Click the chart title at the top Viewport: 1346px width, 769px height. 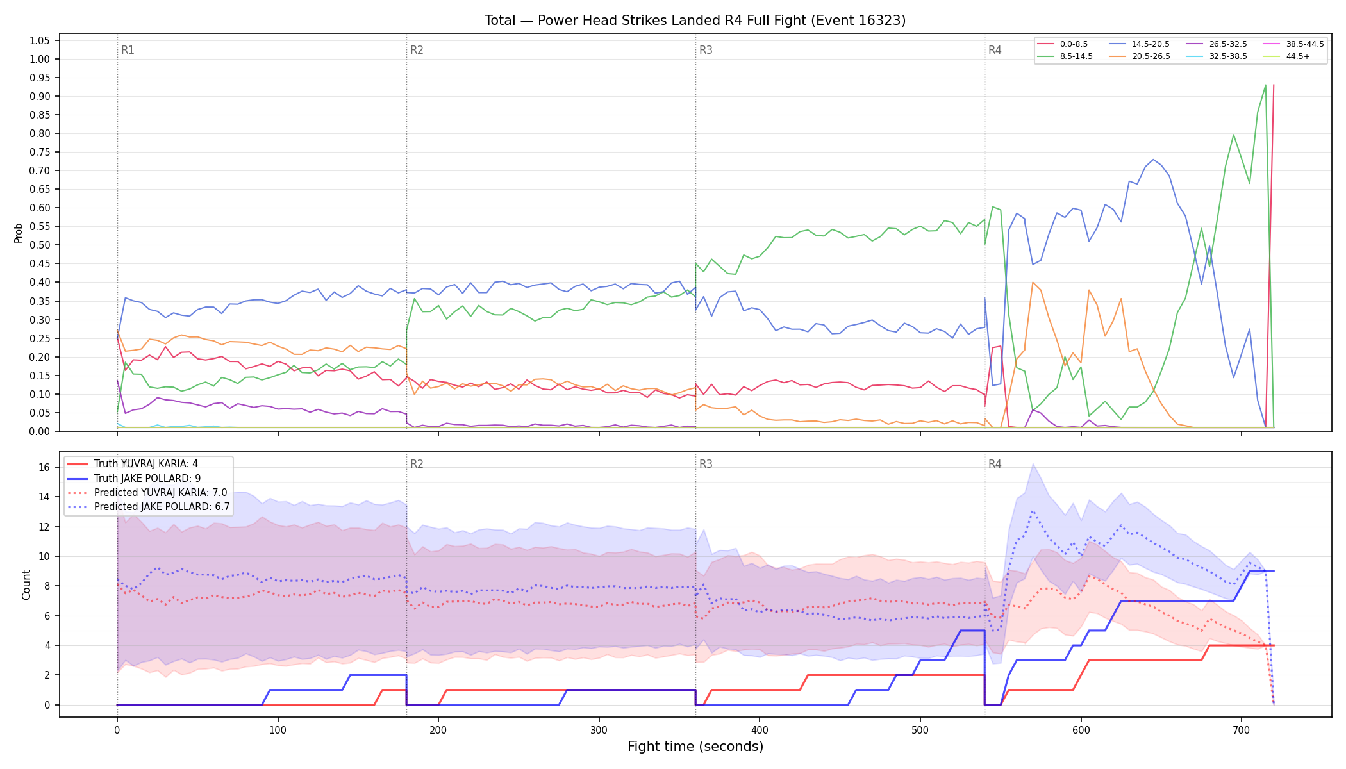coord(695,21)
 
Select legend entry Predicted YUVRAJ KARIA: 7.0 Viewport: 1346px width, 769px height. coord(147,492)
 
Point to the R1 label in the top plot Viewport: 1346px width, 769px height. coord(128,50)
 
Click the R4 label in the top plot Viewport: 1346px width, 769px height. coord(995,50)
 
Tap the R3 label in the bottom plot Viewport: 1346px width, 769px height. coord(706,464)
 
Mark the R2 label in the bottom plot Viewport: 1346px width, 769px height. coord(417,464)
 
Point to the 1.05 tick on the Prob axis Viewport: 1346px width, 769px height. coord(39,40)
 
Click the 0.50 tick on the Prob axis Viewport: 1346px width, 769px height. coord(39,245)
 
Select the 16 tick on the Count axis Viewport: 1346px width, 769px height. coord(44,467)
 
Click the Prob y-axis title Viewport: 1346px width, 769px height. coord(18,233)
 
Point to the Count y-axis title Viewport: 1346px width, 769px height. coord(26,584)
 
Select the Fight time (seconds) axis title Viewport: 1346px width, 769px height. coord(695,747)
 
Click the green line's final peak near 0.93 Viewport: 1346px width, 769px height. coord(1265,85)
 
